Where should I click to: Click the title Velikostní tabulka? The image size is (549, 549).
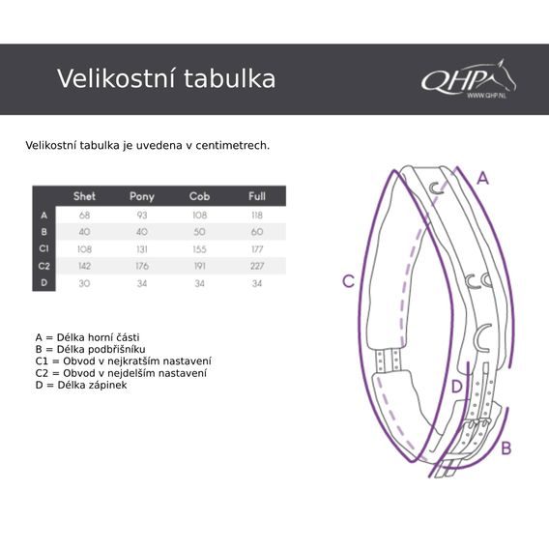tap(165, 78)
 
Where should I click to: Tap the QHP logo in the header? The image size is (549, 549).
tap(468, 79)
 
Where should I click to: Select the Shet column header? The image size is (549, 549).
tap(84, 196)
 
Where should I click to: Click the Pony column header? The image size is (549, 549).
tap(142, 196)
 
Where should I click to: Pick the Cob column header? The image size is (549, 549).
tap(199, 196)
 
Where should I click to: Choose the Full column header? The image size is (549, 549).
tap(257, 196)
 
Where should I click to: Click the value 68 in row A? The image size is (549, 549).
tap(84, 215)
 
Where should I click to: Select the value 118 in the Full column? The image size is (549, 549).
tap(257, 215)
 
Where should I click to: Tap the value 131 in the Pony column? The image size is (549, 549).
tap(142, 248)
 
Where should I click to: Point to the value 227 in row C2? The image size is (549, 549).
tap(257, 266)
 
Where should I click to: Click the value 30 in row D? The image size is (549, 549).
tap(84, 283)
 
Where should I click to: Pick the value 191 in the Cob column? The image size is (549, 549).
tap(199, 266)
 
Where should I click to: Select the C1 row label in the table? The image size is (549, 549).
tap(43, 248)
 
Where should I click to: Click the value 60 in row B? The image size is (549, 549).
tap(257, 232)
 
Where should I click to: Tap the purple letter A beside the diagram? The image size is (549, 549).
tap(483, 178)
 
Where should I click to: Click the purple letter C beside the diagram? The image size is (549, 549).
tap(349, 282)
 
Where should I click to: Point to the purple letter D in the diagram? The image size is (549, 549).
tap(457, 387)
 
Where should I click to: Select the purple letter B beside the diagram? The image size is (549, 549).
tap(506, 448)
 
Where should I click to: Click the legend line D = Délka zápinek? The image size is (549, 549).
tap(81, 385)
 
